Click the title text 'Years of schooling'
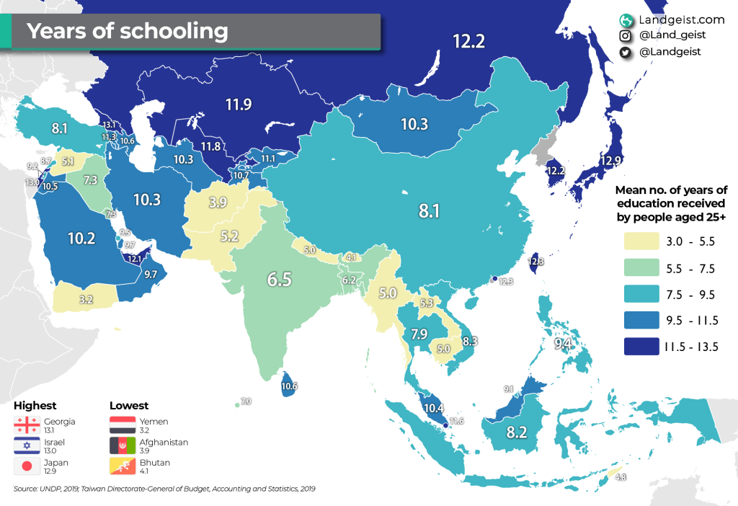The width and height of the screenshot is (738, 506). click(128, 31)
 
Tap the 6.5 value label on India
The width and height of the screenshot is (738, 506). click(280, 279)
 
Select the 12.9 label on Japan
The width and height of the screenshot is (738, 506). click(609, 160)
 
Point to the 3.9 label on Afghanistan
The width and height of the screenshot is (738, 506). click(218, 202)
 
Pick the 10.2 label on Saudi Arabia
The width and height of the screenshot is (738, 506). click(81, 239)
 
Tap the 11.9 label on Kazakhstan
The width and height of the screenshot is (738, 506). click(238, 105)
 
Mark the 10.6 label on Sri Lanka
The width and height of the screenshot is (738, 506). click(290, 386)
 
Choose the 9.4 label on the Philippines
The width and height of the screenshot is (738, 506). click(562, 344)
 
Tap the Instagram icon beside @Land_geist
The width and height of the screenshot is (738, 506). click(626, 35)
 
